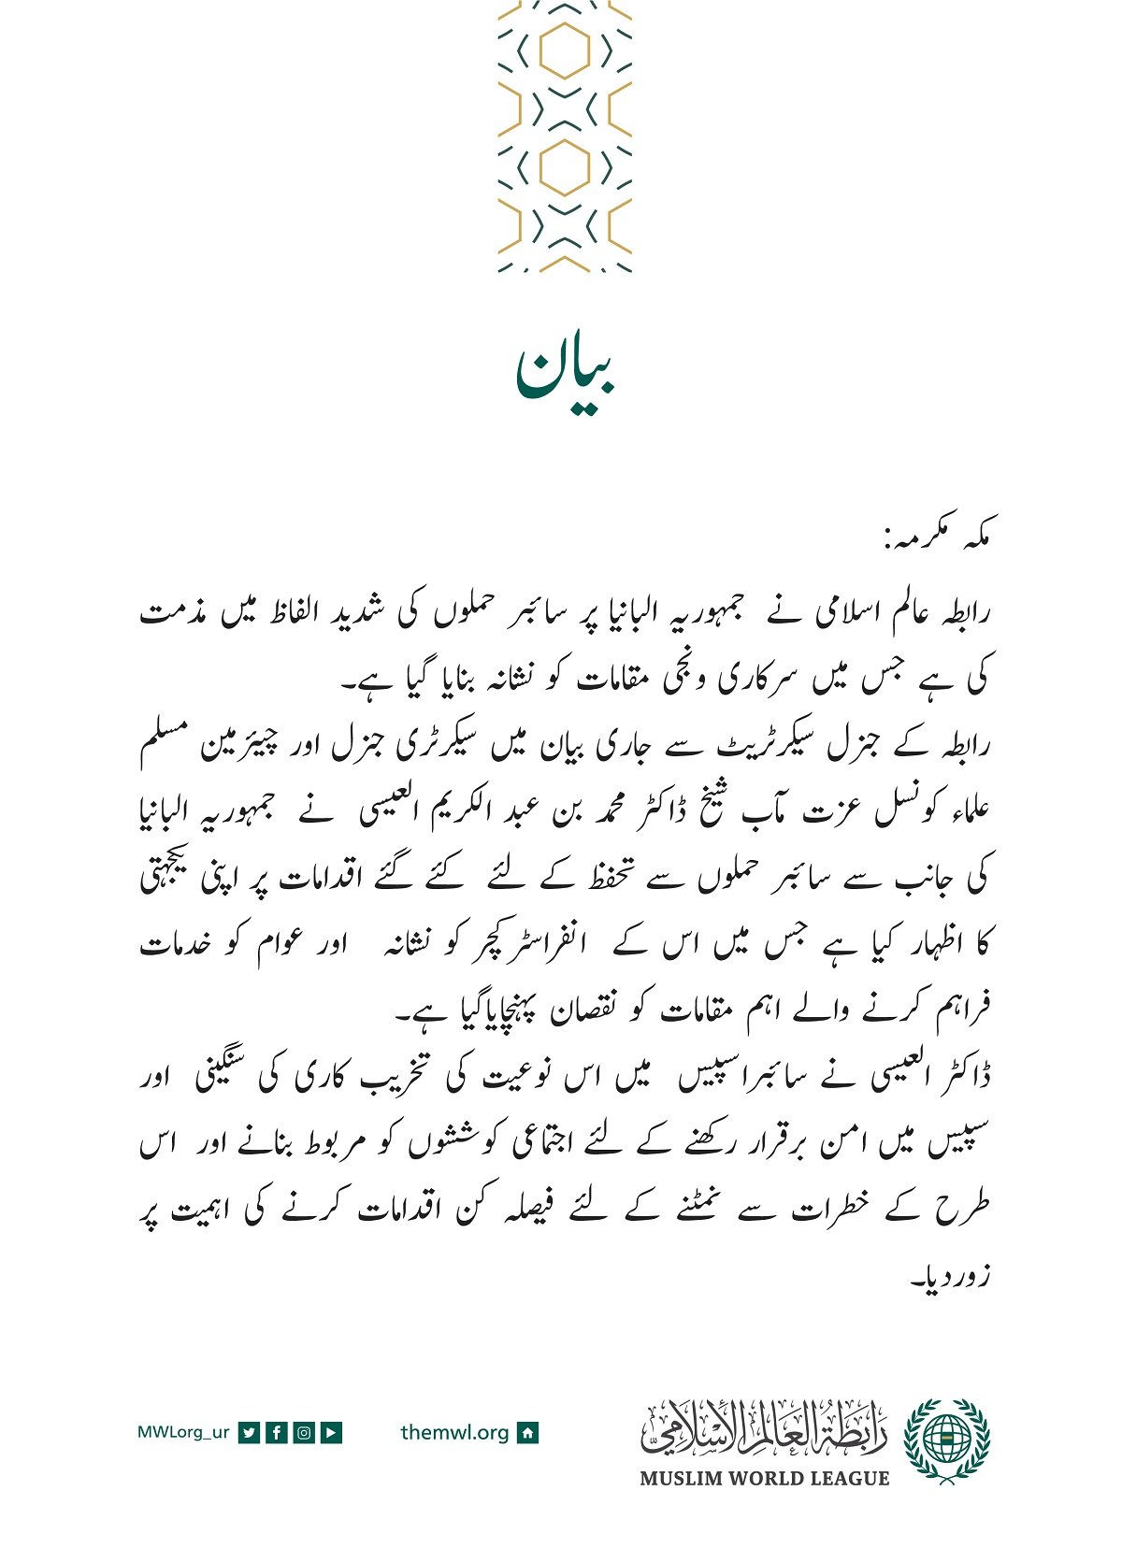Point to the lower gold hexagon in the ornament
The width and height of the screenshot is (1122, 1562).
tap(565, 168)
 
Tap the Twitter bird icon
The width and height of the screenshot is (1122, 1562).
tap(249, 1432)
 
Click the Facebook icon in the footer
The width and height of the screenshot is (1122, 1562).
tap(276, 1432)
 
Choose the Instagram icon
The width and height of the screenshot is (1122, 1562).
tap(304, 1432)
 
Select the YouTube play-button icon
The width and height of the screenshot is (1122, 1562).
tap(331, 1432)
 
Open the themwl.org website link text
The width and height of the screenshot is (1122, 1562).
tap(454, 1432)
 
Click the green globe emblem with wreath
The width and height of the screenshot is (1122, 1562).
tap(946, 1440)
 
